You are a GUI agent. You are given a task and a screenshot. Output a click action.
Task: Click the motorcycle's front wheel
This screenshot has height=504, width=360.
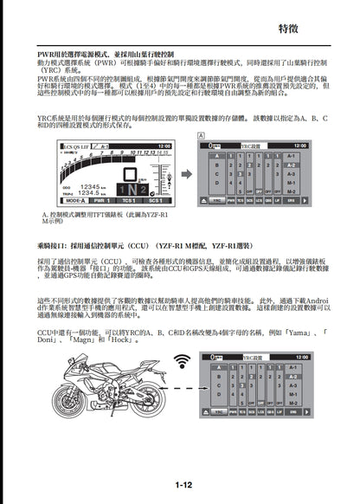coord(150,400)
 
